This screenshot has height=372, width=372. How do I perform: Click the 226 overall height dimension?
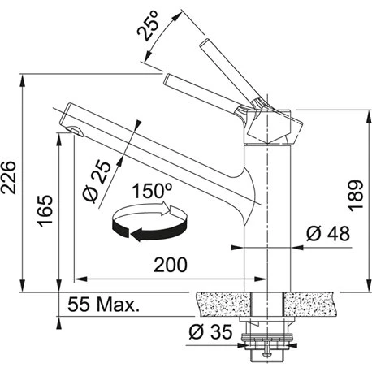8,178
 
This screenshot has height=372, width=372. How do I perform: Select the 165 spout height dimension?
45,210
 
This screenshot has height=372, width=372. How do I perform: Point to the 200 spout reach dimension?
171,265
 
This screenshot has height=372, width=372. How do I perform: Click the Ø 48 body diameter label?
328,233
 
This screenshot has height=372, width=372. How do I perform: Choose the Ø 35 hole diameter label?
210,331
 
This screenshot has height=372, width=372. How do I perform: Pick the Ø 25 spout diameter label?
97,181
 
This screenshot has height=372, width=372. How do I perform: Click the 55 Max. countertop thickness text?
103,305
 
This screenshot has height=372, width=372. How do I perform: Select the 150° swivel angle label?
152,191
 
